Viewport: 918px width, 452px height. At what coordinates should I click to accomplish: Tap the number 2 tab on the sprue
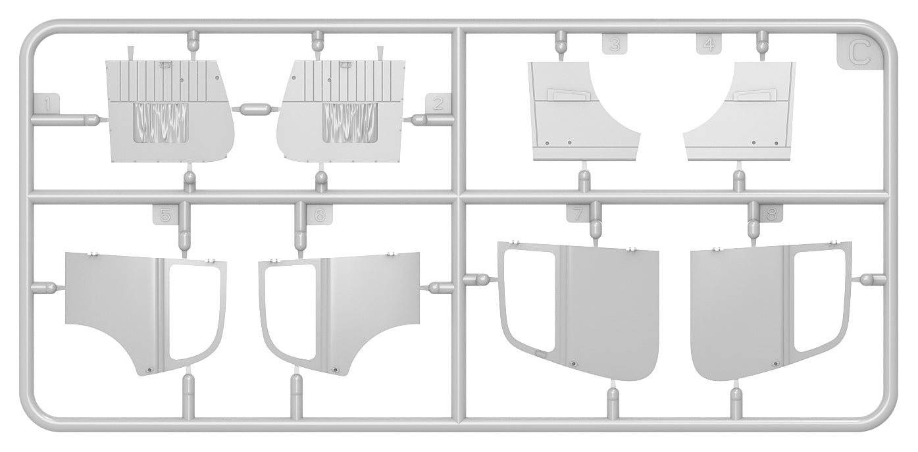(438, 103)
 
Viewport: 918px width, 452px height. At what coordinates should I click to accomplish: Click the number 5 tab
(166, 214)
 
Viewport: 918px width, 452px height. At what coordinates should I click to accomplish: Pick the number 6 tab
(320, 214)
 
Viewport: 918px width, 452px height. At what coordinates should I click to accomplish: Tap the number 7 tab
(578, 214)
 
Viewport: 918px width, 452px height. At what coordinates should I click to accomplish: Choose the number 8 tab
(771, 214)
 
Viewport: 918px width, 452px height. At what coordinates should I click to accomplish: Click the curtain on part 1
(161, 122)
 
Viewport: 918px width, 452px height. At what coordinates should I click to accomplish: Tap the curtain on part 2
(349, 122)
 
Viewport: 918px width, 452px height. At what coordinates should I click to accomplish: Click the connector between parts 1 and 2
(256, 109)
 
